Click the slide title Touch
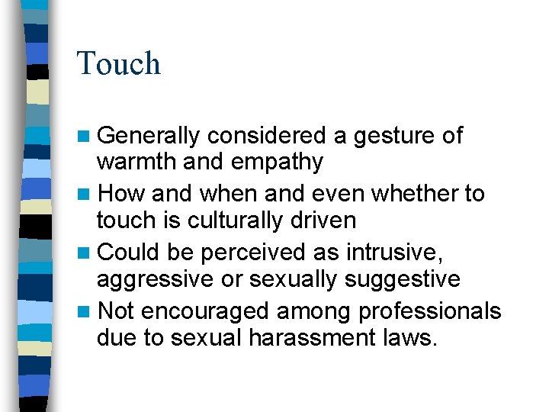tap(119, 63)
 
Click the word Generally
tap(149, 136)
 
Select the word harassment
tap(312, 337)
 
